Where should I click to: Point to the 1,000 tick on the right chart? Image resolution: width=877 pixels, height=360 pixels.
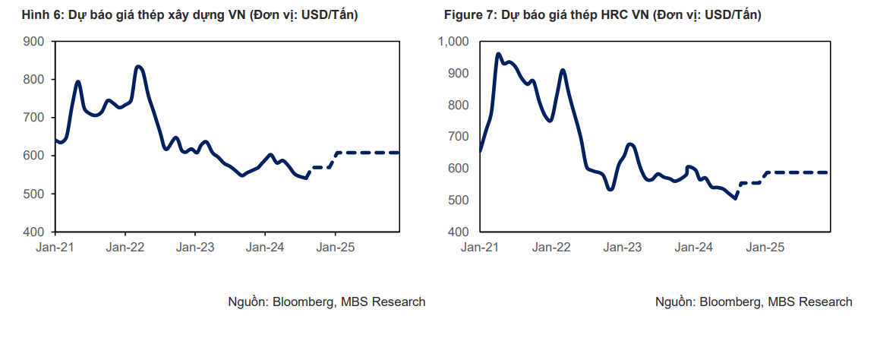[x=454, y=41]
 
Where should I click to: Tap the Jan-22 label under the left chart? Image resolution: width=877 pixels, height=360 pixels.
[x=125, y=247]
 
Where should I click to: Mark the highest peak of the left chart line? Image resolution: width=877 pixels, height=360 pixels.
[x=137, y=67]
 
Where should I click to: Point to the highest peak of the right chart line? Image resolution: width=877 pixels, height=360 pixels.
[x=498, y=54]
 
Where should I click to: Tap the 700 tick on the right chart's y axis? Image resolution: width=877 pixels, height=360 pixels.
[x=458, y=137]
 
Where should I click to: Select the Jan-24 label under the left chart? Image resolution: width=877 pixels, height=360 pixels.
[x=265, y=247]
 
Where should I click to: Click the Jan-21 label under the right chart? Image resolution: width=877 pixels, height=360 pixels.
[x=480, y=247]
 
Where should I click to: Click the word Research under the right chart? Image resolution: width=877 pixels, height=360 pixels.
[x=826, y=302]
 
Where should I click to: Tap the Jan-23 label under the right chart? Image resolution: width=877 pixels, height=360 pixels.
[x=623, y=247]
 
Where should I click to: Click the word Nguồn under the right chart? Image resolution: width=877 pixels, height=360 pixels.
[x=674, y=302]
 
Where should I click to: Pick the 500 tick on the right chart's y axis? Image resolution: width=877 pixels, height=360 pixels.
[x=458, y=200]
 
